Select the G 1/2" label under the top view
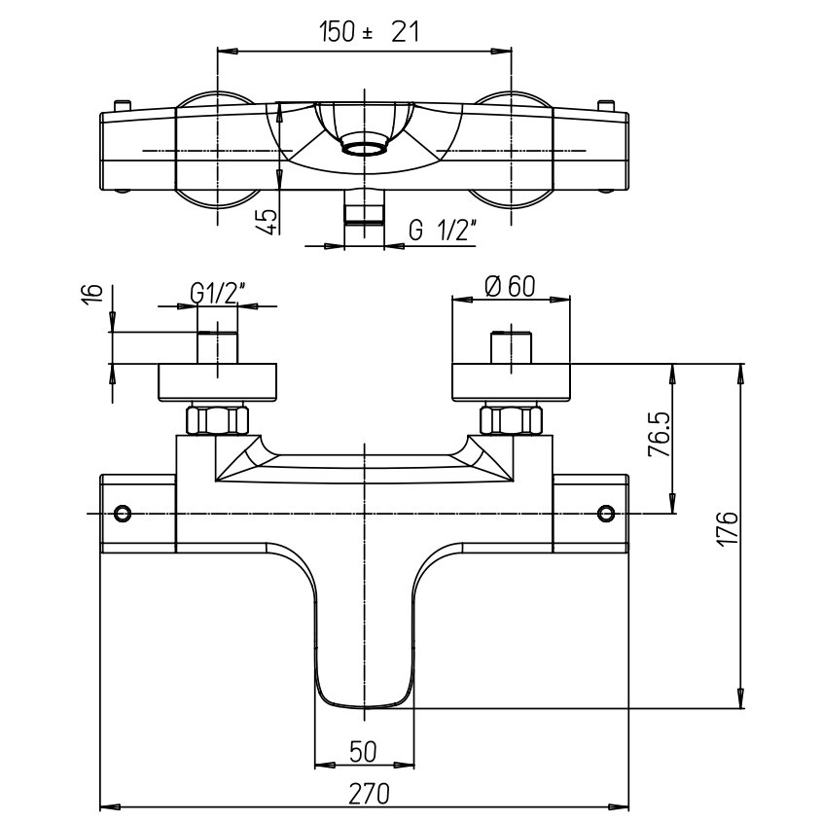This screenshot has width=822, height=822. pyautogui.click(x=441, y=231)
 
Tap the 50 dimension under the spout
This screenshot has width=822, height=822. pyautogui.click(x=365, y=751)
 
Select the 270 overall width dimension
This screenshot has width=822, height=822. pyautogui.click(x=365, y=792)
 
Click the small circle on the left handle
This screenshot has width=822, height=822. pyautogui.click(x=123, y=513)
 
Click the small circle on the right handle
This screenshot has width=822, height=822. pyautogui.click(x=607, y=513)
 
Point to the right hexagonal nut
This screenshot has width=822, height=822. pyautogui.click(x=512, y=421)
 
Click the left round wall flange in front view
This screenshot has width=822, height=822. pyautogui.click(x=218, y=382)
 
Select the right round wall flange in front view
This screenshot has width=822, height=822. pyautogui.click(x=512, y=382)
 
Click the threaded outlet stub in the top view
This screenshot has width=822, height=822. pyautogui.click(x=365, y=207)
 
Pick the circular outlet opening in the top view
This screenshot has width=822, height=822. pyautogui.click(x=365, y=150)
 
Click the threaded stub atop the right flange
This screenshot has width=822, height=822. pyautogui.click(x=512, y=347)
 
